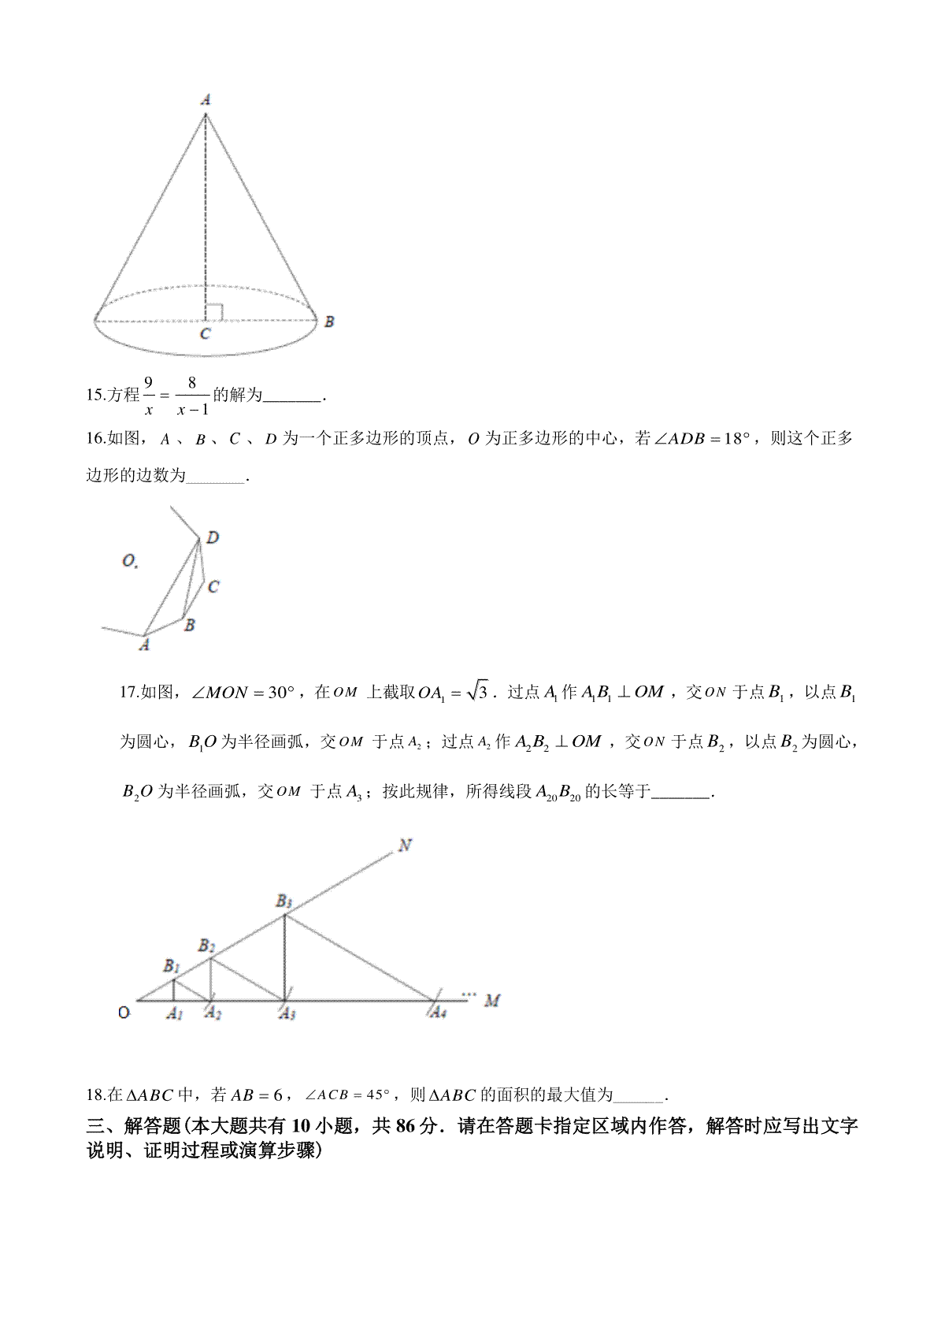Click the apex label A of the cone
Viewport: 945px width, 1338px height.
tap(206, 100)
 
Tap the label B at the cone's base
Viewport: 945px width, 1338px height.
tap(329, 321)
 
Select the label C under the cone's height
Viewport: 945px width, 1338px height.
tap(205, 334)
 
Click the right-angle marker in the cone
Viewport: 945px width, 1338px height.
tap(214, 312)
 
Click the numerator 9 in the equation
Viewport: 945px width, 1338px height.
tap(148, 381)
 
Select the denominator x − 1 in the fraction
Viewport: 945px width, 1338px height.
tap(192, 410)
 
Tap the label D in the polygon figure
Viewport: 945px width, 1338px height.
tap(213, 537)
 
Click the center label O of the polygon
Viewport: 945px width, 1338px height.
tap(128, 561)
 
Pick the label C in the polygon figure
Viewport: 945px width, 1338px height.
tap(213, 587)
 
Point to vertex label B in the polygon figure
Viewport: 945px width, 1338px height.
tap(189, 625)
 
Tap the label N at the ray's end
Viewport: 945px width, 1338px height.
tap(406, 846)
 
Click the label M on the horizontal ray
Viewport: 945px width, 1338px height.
tap(493, 1001)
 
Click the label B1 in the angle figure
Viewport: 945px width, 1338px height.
tap(172, 965)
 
